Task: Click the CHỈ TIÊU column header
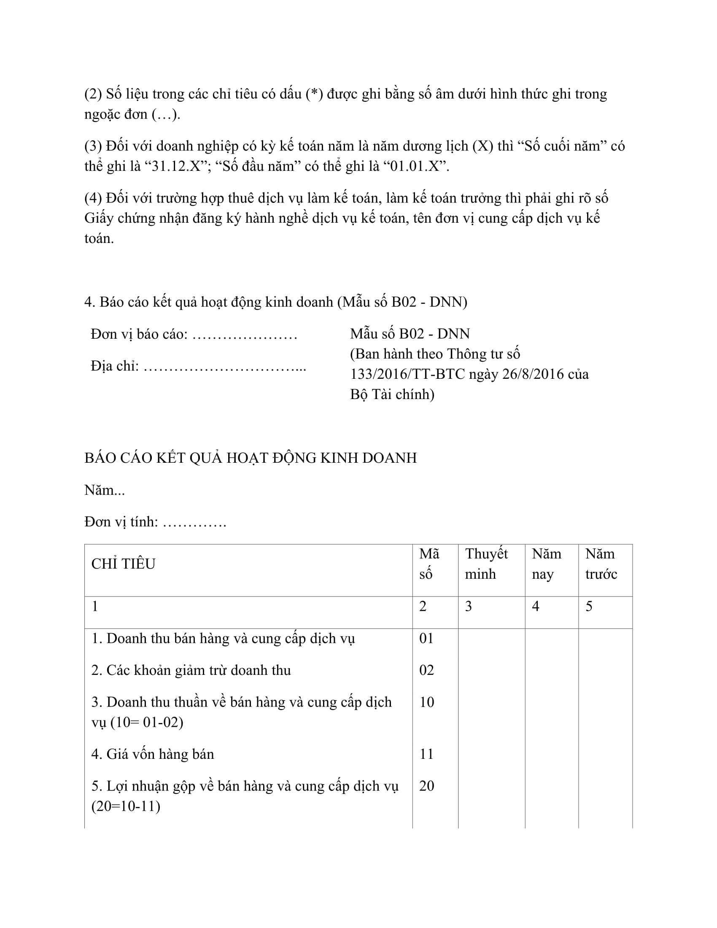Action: pyautogui.click(x=123, y=564)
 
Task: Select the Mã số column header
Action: pyautogui.click(x=429, y=564)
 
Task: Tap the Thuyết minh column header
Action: pyautogui.click(x=486, y=564)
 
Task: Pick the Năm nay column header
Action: pyautogui.click(x=546, y=564)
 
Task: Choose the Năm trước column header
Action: pyautogui.click(x=601, y=564)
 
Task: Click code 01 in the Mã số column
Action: pyautogui.click(x=426, y=638)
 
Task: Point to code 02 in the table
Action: pyautogui.click(x=426, y=670)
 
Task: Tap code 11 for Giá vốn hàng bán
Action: pyautogui.click(x=426, y=754)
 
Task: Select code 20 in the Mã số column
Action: pyautogui.click(x=426, y=786)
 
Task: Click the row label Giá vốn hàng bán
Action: pyautogui.click(x=153, y=754)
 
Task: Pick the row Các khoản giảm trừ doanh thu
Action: pyautogui.click(x=191, y=670)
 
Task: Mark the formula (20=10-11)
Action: pyautogui.click(x=126, y=806)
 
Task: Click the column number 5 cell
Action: pyautogui.click(x=589, y=606)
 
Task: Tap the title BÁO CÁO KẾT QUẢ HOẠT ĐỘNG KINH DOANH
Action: pyautogui.click(x=251, y=458)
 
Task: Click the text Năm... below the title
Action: pyautogui.click(x=105, y=490)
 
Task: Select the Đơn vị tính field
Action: pyautogui.click(x=155, y=521)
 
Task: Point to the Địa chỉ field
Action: pyautogui.click(x=198, y=366)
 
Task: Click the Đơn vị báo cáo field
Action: pyautogui.click(x=194, y=334)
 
